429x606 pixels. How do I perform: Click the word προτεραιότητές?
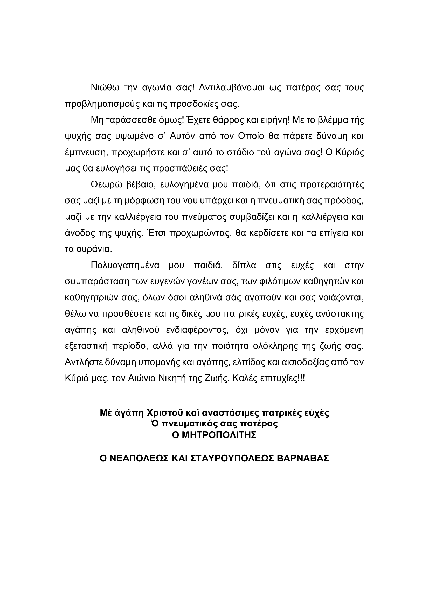pos(332,185)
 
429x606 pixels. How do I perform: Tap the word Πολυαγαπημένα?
pos(125,266)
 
